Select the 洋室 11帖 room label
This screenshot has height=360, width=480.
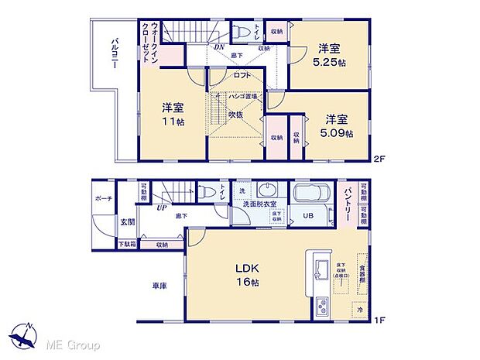(x=173, y=114)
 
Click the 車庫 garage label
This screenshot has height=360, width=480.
(x=159, y=286)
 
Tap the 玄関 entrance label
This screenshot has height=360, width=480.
(x=126, y=223)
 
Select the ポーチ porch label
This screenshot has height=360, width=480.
(x=104, y=199)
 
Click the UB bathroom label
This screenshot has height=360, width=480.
(x=307, y=216)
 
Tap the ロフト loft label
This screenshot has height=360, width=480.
(x=243, y=75)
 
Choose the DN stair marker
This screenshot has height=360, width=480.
(x=219, y=46)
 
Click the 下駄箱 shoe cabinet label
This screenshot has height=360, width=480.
(x=126, y=245)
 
